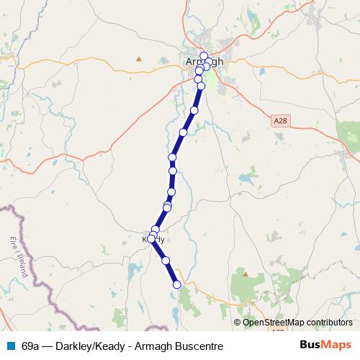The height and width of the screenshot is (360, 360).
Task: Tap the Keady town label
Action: point(154,238)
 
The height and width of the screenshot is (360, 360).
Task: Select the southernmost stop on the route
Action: point(177,284)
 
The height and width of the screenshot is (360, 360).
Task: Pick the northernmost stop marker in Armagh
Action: point(204,55)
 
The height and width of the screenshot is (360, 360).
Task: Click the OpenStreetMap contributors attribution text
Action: point(297,323)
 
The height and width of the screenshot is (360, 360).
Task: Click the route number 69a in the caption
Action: point(31,346)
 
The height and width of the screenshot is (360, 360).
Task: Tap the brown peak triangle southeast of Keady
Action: point(246,274)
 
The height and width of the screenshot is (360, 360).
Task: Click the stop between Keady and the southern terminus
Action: point(166,260)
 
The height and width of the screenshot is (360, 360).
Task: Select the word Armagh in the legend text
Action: point(154,346)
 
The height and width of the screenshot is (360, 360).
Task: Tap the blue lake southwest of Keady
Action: point(133,272)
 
